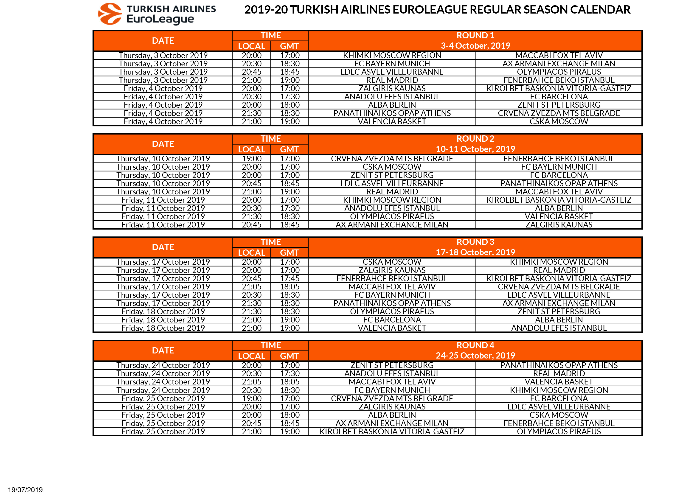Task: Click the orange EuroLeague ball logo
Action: point(110,14)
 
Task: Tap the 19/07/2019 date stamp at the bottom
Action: point(25,490)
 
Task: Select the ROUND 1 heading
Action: point(475,36)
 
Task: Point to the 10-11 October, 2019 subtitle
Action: point(475,149)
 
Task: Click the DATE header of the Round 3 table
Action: point(163,247)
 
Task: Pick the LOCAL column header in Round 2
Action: point(251,149)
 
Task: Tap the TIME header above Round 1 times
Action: point(270,36)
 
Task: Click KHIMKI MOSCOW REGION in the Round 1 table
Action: point(392,55)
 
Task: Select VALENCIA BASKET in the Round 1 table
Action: point(392,121)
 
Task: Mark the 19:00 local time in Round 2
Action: point(251,159)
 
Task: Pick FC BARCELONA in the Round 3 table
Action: point(392,319)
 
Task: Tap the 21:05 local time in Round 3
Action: point(251,287)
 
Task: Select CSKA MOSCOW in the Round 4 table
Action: point(559,415)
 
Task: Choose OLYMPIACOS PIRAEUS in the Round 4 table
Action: point(559,432)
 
